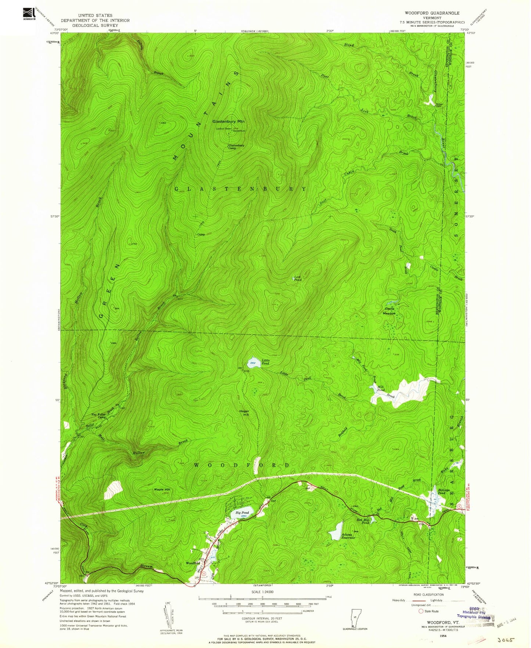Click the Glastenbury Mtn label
228,121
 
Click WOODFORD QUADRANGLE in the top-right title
432,13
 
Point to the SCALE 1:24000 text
262,592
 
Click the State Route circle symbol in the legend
421,611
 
